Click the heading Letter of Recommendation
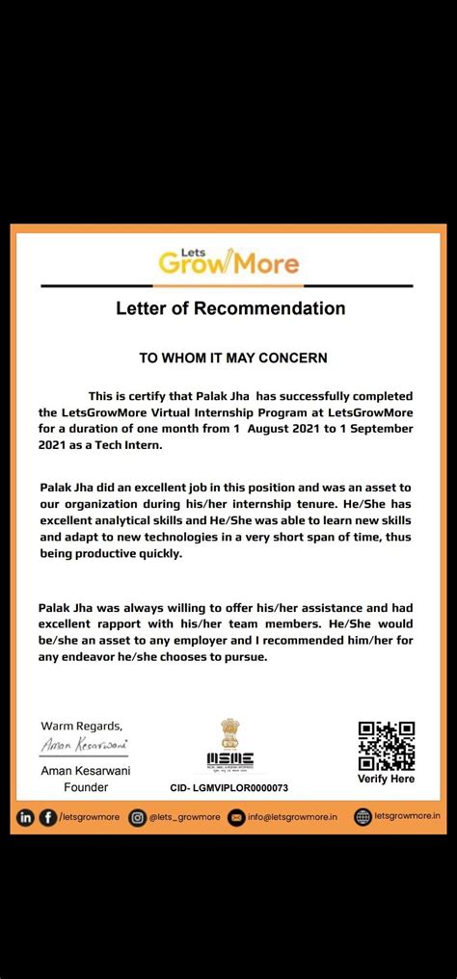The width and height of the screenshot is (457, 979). tap(229, 309)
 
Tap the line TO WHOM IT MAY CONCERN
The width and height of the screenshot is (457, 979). tap(233, 357)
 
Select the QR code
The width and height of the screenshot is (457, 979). tap(386, 746)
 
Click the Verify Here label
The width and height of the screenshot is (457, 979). tap(386, 779)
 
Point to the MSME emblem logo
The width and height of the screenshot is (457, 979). tap(229, 746)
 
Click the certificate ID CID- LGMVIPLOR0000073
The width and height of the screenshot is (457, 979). tap(228, 787)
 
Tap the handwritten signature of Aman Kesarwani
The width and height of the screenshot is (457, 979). tap(85, 746)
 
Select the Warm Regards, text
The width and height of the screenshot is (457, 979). tap(81, 726)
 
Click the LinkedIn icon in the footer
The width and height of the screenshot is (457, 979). tap(25, 817)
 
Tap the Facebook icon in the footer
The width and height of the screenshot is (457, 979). tap(47, 817)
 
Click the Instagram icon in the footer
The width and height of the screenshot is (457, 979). tap(138, 817)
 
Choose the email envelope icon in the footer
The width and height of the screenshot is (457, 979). tap(237, 817)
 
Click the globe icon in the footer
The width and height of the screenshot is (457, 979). tap(363, 817)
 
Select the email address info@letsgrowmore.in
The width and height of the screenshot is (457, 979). tap(293, 817)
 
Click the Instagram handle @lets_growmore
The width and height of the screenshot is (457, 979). tap(184, 817)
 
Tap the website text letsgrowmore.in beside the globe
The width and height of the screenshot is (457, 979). tap(408, 817)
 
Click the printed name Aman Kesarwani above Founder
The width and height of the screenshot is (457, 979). tap(86, 772)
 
